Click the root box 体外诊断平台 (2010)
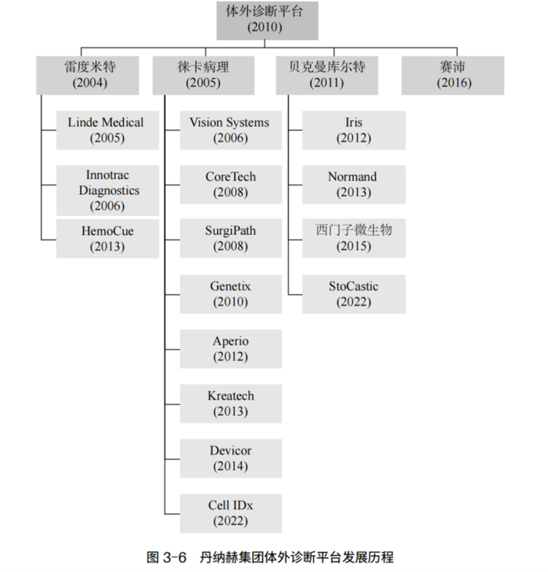point(268,20)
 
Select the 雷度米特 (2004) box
point(88,76)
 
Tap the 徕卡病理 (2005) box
point(204,76)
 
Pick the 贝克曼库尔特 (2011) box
point(327,76)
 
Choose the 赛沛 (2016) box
point(452,76)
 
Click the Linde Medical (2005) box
point(107,130)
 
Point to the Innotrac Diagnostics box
point(107,190)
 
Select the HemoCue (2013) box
point(107,239)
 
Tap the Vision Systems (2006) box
point(231,130)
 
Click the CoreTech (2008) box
point(231,185)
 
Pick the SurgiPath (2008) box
point(231,238)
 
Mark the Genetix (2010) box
point(231,294)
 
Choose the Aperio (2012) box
point(231,349)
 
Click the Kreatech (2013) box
point(231,404)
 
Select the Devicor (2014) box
point(231,459)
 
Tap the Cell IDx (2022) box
point(231,513)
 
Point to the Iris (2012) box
point(354,130)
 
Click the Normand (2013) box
point(354,185)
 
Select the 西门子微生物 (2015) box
point(354,238)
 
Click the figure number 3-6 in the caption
point(175,557)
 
